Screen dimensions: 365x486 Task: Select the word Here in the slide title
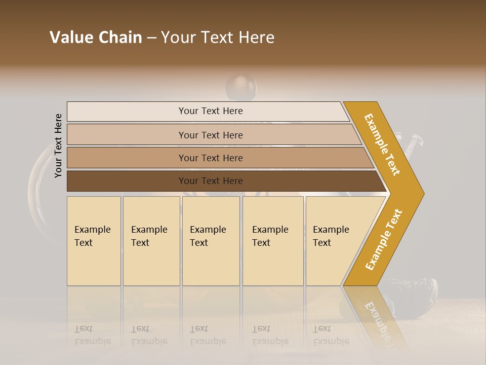256,38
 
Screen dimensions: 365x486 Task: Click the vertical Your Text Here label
58,145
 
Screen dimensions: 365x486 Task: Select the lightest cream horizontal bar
208,111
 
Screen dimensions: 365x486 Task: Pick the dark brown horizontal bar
223,181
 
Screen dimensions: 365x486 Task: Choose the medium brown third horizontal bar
218,158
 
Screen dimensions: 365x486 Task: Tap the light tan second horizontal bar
213,135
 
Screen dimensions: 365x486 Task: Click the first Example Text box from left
94,241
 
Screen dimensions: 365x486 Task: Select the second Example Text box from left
151,241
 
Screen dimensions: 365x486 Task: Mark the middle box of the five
211,241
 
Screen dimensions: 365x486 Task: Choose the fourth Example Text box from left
273,241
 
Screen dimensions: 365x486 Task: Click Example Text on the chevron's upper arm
382,144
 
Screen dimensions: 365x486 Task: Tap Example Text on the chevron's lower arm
384,239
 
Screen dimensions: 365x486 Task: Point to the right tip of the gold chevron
423,193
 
